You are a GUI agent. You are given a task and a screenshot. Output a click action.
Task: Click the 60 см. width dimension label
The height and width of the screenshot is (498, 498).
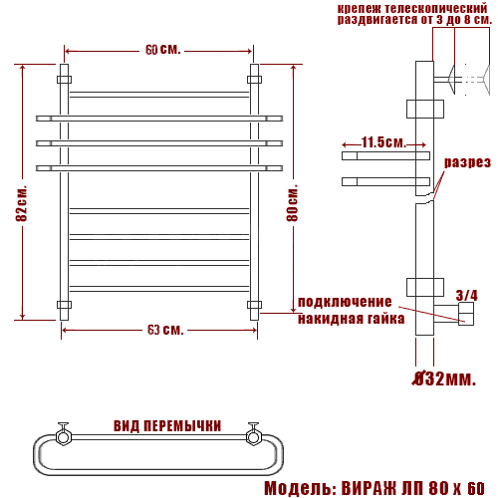(163, 50)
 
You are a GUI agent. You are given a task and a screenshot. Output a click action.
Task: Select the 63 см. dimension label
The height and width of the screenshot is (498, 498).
(165, 330)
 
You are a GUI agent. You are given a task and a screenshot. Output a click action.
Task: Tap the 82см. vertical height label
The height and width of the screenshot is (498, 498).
(22, 203)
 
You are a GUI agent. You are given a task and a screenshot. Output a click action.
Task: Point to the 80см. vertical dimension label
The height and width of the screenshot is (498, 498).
(292, 202)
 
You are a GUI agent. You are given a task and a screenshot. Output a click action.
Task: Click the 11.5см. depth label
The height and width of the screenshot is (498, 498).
(383, 142)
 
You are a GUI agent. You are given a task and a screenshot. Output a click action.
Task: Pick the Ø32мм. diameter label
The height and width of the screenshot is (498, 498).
(444, 378)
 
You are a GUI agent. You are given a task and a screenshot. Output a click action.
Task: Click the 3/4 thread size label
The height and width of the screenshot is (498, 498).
(467, 295)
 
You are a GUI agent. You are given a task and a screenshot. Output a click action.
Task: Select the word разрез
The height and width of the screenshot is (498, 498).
(467, 162)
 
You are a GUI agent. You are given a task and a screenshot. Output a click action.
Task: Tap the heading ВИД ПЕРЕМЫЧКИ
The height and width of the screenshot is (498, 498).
(167, 426)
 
